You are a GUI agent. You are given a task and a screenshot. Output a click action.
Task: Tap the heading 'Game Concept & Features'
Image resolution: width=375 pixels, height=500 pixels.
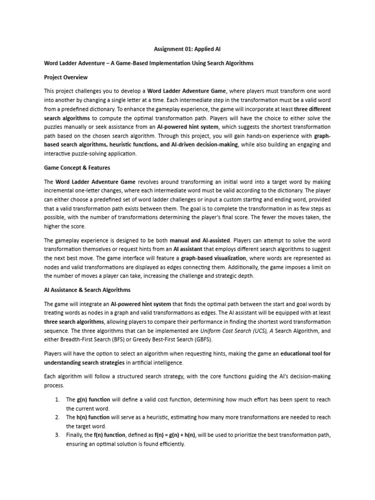pos(77,167)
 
